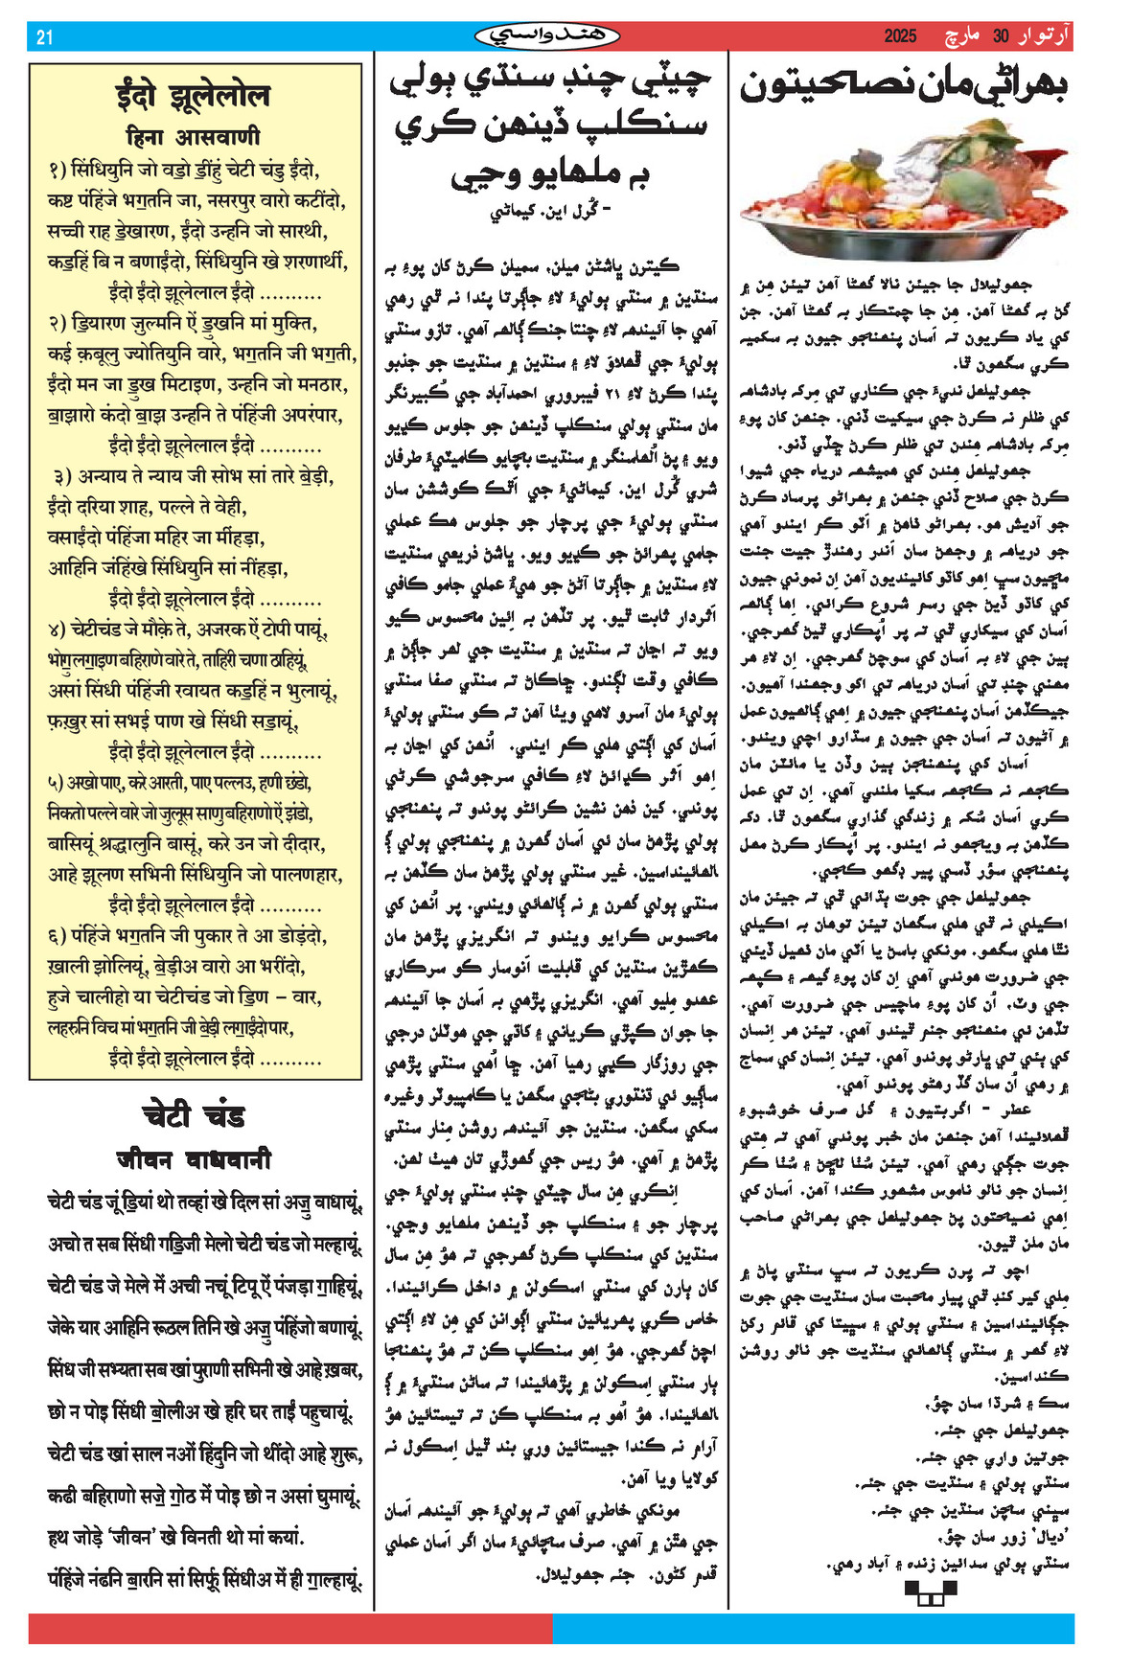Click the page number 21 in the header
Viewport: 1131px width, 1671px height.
(x=44, y=37)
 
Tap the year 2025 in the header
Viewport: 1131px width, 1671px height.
(x=900, y=37)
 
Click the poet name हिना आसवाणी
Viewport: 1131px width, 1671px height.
(x=193, y=137)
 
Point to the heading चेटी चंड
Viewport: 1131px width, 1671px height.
(x=194, y=1115)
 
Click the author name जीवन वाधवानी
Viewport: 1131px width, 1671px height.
(x=194, y=1159)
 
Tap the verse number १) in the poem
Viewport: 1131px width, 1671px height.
(x=57, y=171)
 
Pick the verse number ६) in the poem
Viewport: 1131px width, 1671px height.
(x=57, y=935)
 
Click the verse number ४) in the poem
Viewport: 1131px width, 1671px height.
(x=57, y=629)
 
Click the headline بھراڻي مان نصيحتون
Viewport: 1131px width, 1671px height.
(x=903, y=86)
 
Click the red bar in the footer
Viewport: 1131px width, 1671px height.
(x=290, y=1629)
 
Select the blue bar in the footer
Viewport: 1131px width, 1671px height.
(x=813, y=1629)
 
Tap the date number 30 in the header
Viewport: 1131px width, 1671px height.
(x=1001, y=37)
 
